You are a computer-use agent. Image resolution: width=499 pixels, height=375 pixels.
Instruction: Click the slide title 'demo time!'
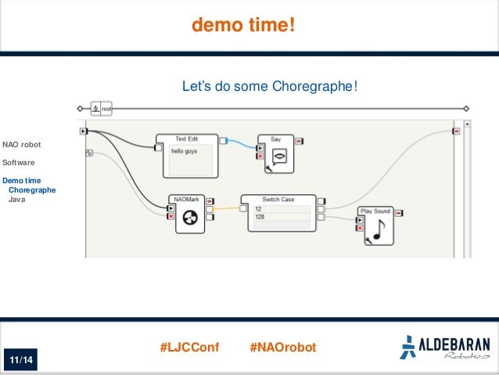pyautogui.click(x=244, y=27)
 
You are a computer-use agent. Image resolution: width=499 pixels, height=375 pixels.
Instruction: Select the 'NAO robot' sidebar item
pyautogui.click(x=22, y=145)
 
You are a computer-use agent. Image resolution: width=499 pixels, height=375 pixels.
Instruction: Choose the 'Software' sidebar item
pyautogui.click(x=18, y=163)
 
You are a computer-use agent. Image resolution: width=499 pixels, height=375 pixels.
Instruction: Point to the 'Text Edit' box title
pyautogui.click(x=186, y=139)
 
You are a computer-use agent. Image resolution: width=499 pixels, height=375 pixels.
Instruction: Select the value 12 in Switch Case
pyautogui.click(x=282, y=208)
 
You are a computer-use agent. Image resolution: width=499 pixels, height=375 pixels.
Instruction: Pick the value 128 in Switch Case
pyautogui.click(x=282, y=217)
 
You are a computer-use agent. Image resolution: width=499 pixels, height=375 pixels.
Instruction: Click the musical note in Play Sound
pyautogui.click(x=378, y=229)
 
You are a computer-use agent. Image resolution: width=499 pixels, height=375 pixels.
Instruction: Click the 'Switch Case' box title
pyautogui.click(x=278, y=200)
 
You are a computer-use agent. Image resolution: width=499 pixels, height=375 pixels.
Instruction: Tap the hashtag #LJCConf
pyautogui.click(x=189, y=346)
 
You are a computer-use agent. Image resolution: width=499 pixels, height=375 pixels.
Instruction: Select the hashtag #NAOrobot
pyautogui.click(x=282, y=346)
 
